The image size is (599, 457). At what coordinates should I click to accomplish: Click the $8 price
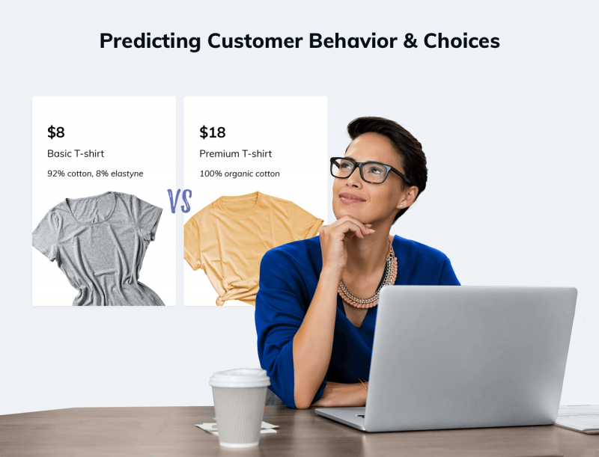[56, 132]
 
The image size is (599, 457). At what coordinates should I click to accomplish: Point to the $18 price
[212, 132]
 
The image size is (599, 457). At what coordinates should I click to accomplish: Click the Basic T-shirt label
[76, 154]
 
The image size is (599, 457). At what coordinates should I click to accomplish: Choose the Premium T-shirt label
[235, 154]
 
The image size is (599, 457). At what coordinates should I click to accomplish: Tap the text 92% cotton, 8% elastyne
[95, 174]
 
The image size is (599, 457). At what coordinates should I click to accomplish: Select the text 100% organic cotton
[240, 174]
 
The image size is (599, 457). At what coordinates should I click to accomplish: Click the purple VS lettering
[180, 200]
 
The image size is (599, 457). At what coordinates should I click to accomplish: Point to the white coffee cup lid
[240, 378]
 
